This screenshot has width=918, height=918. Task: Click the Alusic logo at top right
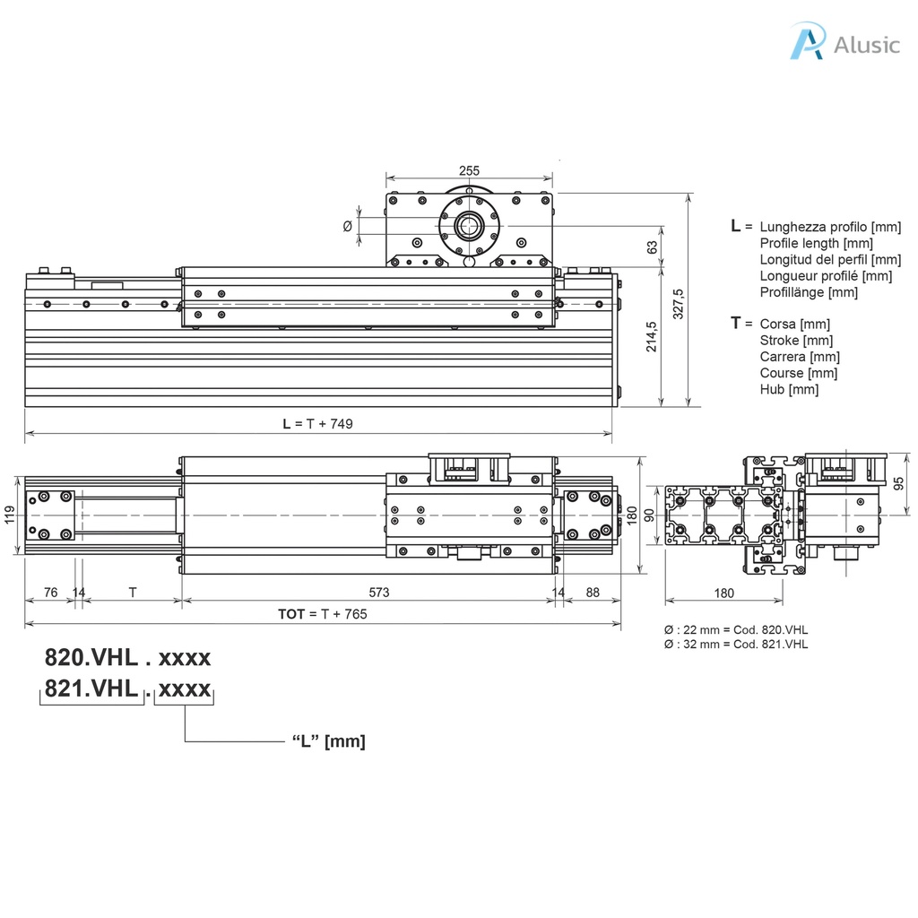[844, 43]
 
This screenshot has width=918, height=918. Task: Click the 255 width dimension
[469, 170]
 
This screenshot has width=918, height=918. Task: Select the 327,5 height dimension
[679, 304]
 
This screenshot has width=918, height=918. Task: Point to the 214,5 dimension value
[652, 336]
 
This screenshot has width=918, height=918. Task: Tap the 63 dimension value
[652, 246]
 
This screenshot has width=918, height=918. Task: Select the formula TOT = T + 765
[322, 614]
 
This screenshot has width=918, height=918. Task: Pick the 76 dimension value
[50, 592]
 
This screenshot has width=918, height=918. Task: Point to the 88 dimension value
[593, 592]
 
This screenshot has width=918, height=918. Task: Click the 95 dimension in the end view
[900, 482]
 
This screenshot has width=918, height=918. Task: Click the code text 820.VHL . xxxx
[128, 657]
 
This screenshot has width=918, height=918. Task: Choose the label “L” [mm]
[329, 741]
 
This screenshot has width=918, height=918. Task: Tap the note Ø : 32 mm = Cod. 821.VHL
[735, 644]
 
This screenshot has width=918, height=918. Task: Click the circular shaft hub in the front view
[468, 226]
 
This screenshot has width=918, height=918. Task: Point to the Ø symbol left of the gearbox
[348, 226]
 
